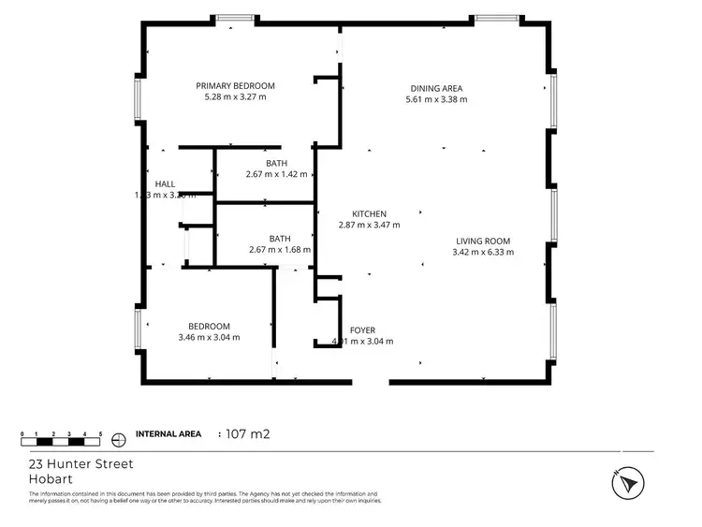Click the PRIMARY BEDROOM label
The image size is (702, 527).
click(235, 85)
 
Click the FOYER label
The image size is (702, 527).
click(362, 330)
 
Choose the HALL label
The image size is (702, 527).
click(165, 183)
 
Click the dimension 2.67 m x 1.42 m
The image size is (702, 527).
click(277, 174)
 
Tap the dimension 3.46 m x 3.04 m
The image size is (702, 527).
click(209, 337)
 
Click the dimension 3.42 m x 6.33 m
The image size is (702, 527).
click(482, 251)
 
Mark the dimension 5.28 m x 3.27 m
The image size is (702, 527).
click(235, 96)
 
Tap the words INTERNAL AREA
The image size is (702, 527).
click(168, 434)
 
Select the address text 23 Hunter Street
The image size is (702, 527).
click(80, 463)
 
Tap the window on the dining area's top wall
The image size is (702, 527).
click(495, 18)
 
